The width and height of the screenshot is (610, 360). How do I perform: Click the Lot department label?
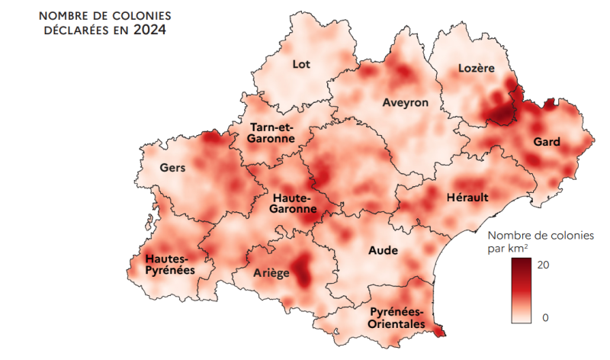click(x=301, y=64)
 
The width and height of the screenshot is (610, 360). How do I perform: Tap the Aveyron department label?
click(x=406, y=102)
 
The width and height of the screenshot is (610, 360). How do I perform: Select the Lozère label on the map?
click(x=477, y=69)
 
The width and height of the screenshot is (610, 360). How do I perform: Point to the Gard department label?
click(x=547, y=142)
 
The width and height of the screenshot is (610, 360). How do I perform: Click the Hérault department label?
click(x=467, y=198)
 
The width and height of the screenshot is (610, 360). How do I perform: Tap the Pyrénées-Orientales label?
click(x=396, y=318)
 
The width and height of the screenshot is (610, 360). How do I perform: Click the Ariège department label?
click(x=271, y=272)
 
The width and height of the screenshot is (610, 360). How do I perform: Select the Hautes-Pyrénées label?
click(x=170, y=264)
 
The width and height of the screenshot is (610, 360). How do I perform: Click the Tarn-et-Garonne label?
click(x=271, y=133)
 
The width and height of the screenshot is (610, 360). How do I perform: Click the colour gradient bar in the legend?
click(x=522, y=290)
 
